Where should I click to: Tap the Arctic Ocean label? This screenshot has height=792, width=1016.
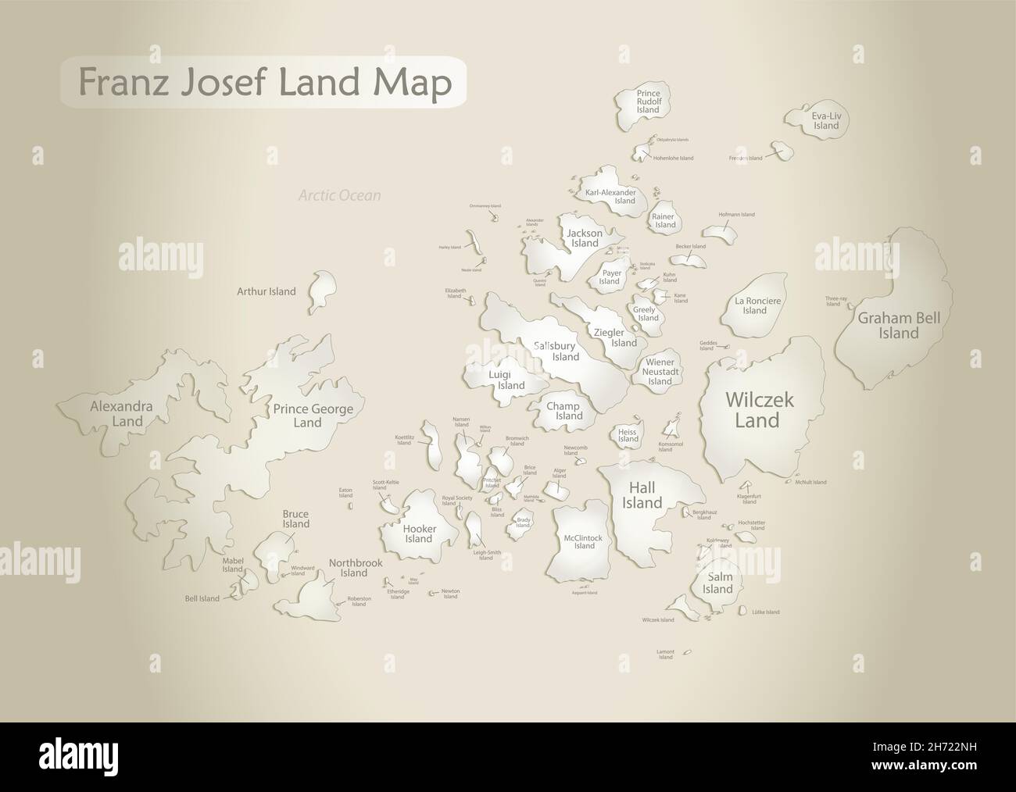pyautogui.click(x=339, y=195)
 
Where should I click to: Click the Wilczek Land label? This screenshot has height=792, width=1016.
pyautogui.click(x=759, y=410)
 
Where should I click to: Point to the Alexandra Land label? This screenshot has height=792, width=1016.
pyautogui.click(x=121, y=414)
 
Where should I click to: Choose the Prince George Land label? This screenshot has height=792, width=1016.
pyautogui.click(x=313, y=416)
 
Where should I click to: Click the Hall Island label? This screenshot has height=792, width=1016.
pyautogui.click(x=642, y=495)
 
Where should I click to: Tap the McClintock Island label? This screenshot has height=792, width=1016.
pyautogui.click(x=585, y=541)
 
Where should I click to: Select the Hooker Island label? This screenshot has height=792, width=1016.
pyautogui.click(x=419, y=533)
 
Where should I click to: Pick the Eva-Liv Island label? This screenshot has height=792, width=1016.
pyautogui.click(x=825, y=120)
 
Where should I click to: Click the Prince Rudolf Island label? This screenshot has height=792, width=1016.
pyautogui.click(x=648, y=102)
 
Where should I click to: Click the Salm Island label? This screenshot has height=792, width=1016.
pyautogui.click(x=717, y=583)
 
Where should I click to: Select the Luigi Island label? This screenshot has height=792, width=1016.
pyautogui.click(x=506, y=380)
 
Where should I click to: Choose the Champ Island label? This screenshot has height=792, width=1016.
pyautogui.click(x=563, y=411)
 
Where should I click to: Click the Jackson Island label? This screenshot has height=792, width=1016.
pyautogui.click(x=585, y=237)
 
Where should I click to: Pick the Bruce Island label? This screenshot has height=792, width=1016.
pyautogui.click(x=296, y=519)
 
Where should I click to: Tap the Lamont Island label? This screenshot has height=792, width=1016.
pyautogui.click(x=665, y=654)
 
